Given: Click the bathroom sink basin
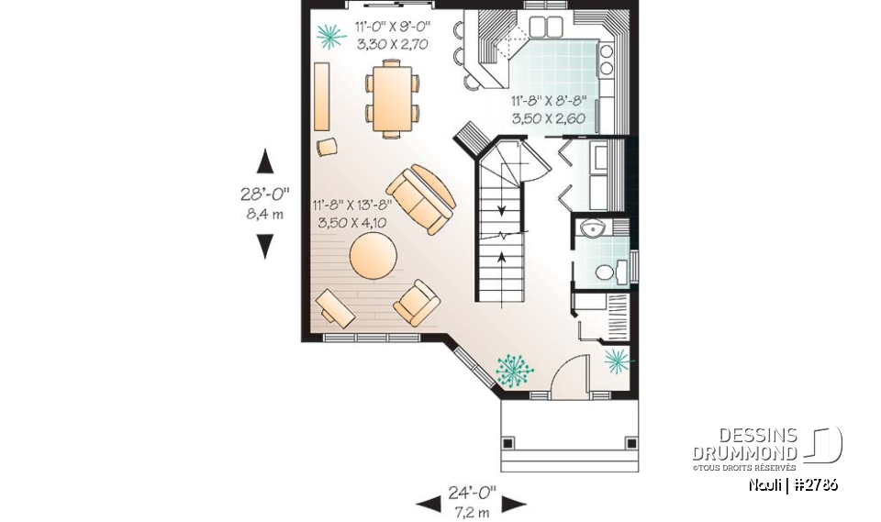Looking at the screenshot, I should pyautogui.click(x=593, y=229).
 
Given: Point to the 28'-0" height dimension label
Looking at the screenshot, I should pyautogui.click(x=264, y=194).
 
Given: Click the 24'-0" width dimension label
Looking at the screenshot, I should pyautogui.click(x=472, y=492).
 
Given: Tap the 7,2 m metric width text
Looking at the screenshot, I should pyautogui.click(x=472, y=509).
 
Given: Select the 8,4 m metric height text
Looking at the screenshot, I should pyautogui.click(x=264, y=214).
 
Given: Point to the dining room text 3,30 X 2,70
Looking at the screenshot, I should pyautogui.click(x=392, y=43).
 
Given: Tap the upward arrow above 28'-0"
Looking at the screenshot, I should pyautogui.click(x=264, y=161).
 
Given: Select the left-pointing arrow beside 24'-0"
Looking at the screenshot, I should pyautogui.click(x=428, y=503).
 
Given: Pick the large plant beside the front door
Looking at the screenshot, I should pyautogui.click(x=514, y=369).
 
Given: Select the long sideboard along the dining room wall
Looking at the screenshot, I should pyautogui.click(x=322, y=97).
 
